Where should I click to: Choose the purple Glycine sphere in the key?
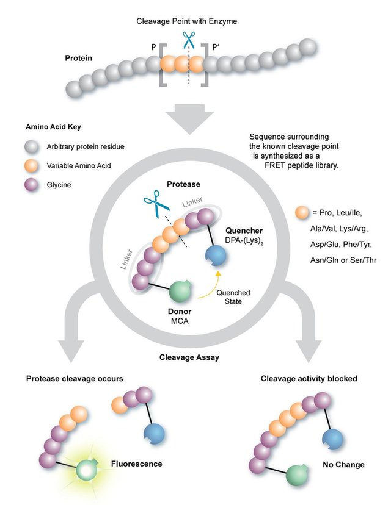click(x=31, y=181)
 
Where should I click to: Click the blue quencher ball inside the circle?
click(x=214, y=255)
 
